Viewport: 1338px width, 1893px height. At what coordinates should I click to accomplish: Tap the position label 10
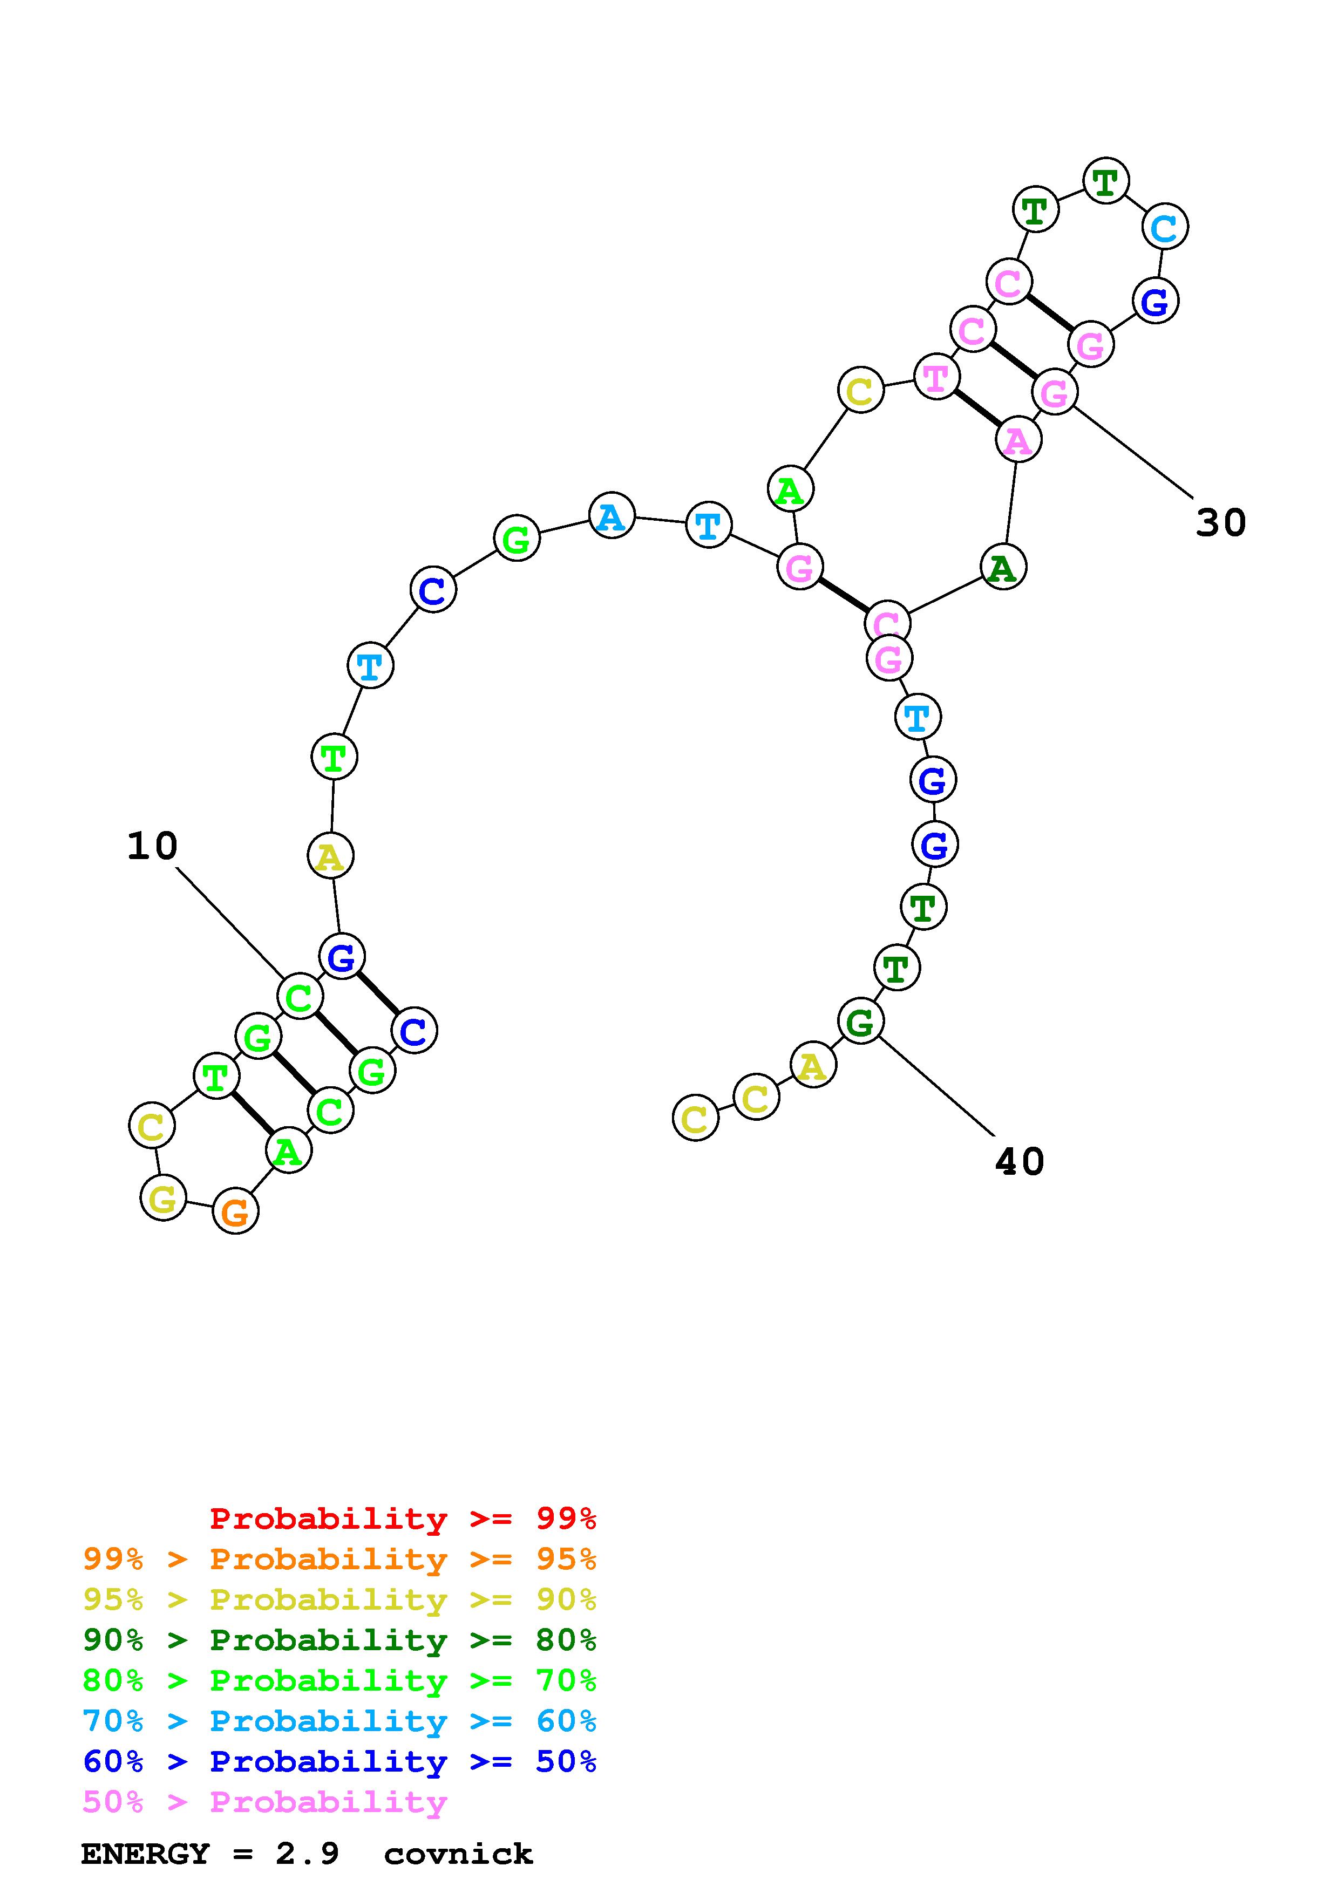click(x=153, y=846)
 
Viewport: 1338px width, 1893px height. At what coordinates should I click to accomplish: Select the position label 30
click(x=1221, y=523)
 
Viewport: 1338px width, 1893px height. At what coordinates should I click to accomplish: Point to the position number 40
click(x=1020, y=1162)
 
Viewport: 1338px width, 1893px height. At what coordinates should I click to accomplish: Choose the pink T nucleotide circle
click(x=936, y=378)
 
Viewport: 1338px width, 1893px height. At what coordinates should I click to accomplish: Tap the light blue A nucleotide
click(x=612, y=516)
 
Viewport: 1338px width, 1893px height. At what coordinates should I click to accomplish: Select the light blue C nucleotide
click(x=1165, y=228)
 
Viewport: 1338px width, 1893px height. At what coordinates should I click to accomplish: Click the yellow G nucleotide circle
click(x=163, y=1197)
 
